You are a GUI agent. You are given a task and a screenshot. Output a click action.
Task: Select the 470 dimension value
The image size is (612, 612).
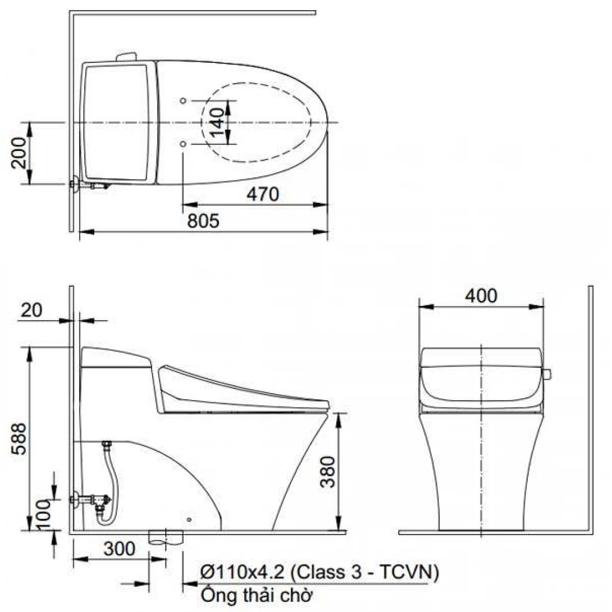(x=262, y=194)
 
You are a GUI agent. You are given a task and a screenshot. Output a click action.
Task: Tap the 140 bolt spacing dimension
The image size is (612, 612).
(x=218, y=122)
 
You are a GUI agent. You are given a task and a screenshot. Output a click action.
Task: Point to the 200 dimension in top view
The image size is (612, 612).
(x=19, y=153)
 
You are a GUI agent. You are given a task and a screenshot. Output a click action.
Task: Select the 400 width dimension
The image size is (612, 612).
(x=481, y=296)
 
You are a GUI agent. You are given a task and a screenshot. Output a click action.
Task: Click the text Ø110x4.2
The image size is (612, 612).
(x=243, y=573)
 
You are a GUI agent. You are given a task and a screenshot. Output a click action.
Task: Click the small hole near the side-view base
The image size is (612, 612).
(x=189, y=519)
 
